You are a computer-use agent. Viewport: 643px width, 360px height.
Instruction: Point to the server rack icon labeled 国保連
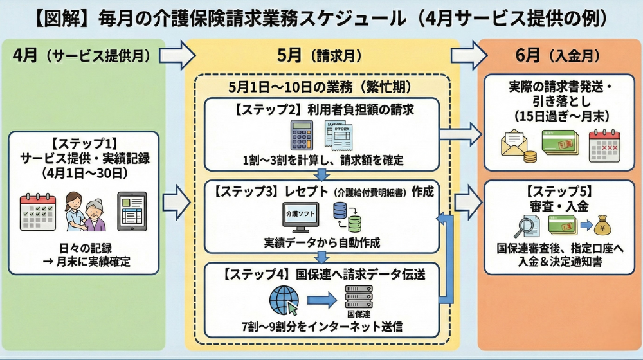[x=359, y=296]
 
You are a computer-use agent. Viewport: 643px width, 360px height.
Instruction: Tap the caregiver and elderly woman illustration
[x=84, y=212]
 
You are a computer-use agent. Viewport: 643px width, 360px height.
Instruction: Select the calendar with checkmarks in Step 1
[x=38, y=212]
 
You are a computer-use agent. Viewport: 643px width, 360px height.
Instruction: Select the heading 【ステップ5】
[x=555, y=191]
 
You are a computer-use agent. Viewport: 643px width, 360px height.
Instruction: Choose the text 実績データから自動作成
[x=321, y=243]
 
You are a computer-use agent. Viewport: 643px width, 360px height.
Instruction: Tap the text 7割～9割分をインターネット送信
[x=321, y=327]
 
